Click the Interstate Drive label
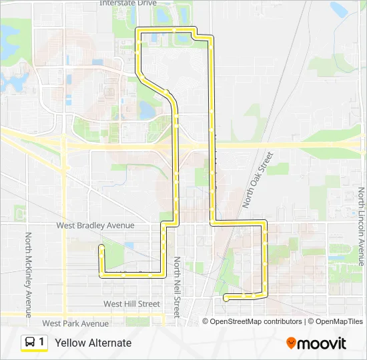127,3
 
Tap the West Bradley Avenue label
95,225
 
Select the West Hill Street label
131,303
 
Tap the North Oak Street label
259,179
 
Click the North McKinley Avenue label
29,275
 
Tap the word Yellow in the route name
70,343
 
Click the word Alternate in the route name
109,343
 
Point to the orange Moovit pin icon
291,343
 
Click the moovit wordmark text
322,343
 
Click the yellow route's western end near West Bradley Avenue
101,247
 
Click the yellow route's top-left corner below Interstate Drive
137,29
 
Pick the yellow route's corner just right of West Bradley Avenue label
162,225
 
